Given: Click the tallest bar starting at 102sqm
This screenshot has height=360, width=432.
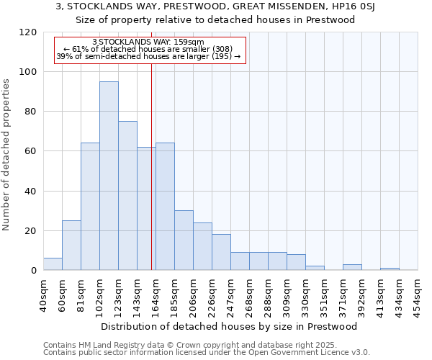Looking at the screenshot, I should click(109, 176).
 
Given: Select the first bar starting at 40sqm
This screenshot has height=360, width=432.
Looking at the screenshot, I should click(53, 264).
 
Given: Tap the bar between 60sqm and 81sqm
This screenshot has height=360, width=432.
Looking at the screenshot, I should click(71, 246).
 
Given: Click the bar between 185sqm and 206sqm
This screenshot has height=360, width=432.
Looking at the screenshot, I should click(184, 240).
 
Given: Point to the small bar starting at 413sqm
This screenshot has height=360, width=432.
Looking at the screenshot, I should click(390, 269).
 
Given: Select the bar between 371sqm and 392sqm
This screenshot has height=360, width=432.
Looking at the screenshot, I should click(352, 267).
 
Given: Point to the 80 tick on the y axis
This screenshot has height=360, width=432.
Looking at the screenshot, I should click(31, 112).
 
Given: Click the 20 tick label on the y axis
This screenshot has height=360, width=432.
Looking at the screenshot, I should click(31, 231).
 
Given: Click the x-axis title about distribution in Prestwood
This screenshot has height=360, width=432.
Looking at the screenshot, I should click(229, 326).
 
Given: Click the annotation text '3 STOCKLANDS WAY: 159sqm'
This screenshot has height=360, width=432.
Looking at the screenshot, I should click(149, 42).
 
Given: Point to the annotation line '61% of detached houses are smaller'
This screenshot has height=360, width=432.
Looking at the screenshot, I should click(149, 49).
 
